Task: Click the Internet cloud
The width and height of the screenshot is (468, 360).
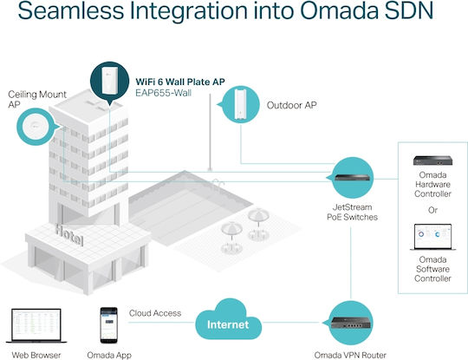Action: click(228, 321)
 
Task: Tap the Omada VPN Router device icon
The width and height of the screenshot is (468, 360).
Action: click(350, 323)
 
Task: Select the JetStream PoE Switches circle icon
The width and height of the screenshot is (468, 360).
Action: click(352, 178)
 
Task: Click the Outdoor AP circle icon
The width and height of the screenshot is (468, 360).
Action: click(240, 104)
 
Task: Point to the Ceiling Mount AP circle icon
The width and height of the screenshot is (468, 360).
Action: click(36, 127)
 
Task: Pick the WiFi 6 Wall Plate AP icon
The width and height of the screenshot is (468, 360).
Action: click(109, 82)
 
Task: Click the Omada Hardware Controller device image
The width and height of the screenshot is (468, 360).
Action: click(432, 160)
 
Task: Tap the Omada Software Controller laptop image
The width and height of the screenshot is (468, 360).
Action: click(432, 237)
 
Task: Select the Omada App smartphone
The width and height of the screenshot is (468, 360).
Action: click(108, 325)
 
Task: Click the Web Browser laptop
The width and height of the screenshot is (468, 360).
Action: click(36, 325)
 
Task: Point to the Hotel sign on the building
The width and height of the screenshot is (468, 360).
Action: click(69, 235)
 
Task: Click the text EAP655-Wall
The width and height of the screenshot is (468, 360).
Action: click(163, 93)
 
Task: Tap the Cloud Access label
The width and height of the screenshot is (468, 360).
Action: click(155, 313)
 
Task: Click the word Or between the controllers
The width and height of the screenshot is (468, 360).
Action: click(432, 210)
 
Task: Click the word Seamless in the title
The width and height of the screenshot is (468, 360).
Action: click(71, 11)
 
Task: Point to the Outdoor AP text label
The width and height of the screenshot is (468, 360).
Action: click(291, 105)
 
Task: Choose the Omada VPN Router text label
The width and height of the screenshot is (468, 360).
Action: click(350, 355)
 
